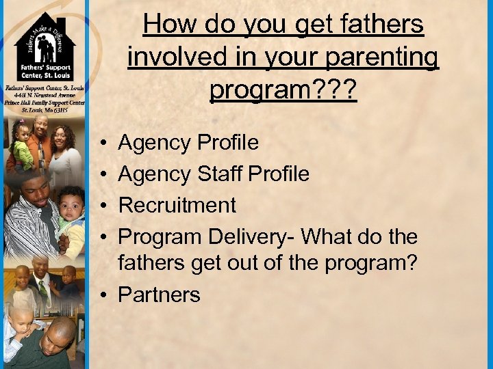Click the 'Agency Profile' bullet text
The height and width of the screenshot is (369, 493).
pos(188,143)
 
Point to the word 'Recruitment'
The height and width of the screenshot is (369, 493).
pos(177,205)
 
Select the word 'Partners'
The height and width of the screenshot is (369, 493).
pos(159,295)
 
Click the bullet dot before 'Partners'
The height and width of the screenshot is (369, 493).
pos(101,295)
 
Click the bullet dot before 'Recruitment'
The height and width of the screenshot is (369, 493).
pos(101,206)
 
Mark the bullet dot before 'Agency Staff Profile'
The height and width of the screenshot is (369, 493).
pos(101,175)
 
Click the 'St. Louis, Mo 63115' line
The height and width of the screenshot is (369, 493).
pos(44,109)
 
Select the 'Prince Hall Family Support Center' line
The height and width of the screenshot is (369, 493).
pos(44,102)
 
